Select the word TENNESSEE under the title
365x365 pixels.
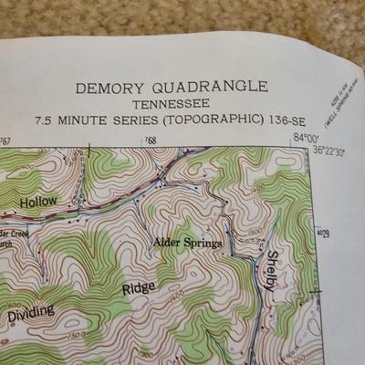172,104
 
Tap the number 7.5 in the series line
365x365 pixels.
46,120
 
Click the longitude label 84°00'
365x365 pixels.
305,137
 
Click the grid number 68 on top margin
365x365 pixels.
151,141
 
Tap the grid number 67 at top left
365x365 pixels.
6,141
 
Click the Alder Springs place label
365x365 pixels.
187,242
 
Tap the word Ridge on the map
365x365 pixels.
139,289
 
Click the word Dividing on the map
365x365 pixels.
31,312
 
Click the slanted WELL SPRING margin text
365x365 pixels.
341,93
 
